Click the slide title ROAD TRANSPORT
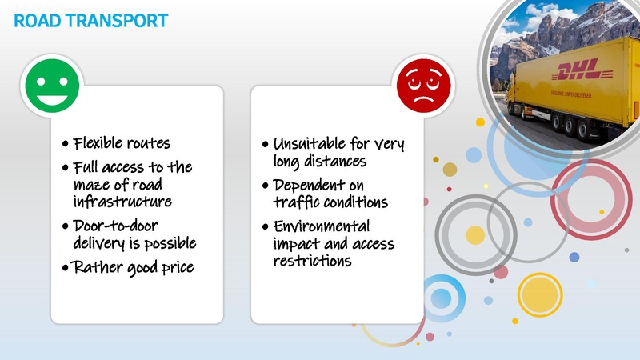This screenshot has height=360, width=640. [90, 20]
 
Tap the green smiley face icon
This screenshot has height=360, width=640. [52, 86]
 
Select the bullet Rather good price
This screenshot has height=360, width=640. [133, 267]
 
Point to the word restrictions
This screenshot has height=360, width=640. [313, 262]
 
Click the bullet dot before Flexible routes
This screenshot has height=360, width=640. [65, 146]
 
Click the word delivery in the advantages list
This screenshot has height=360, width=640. [99, 242]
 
